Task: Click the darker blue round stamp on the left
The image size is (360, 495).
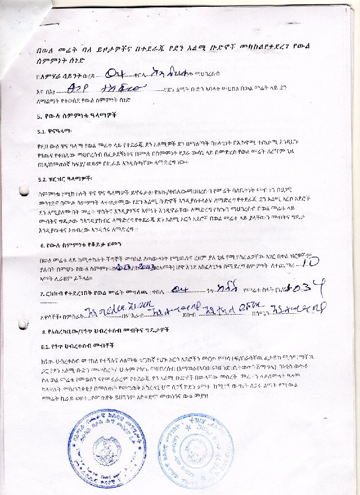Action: click(107, 444)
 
